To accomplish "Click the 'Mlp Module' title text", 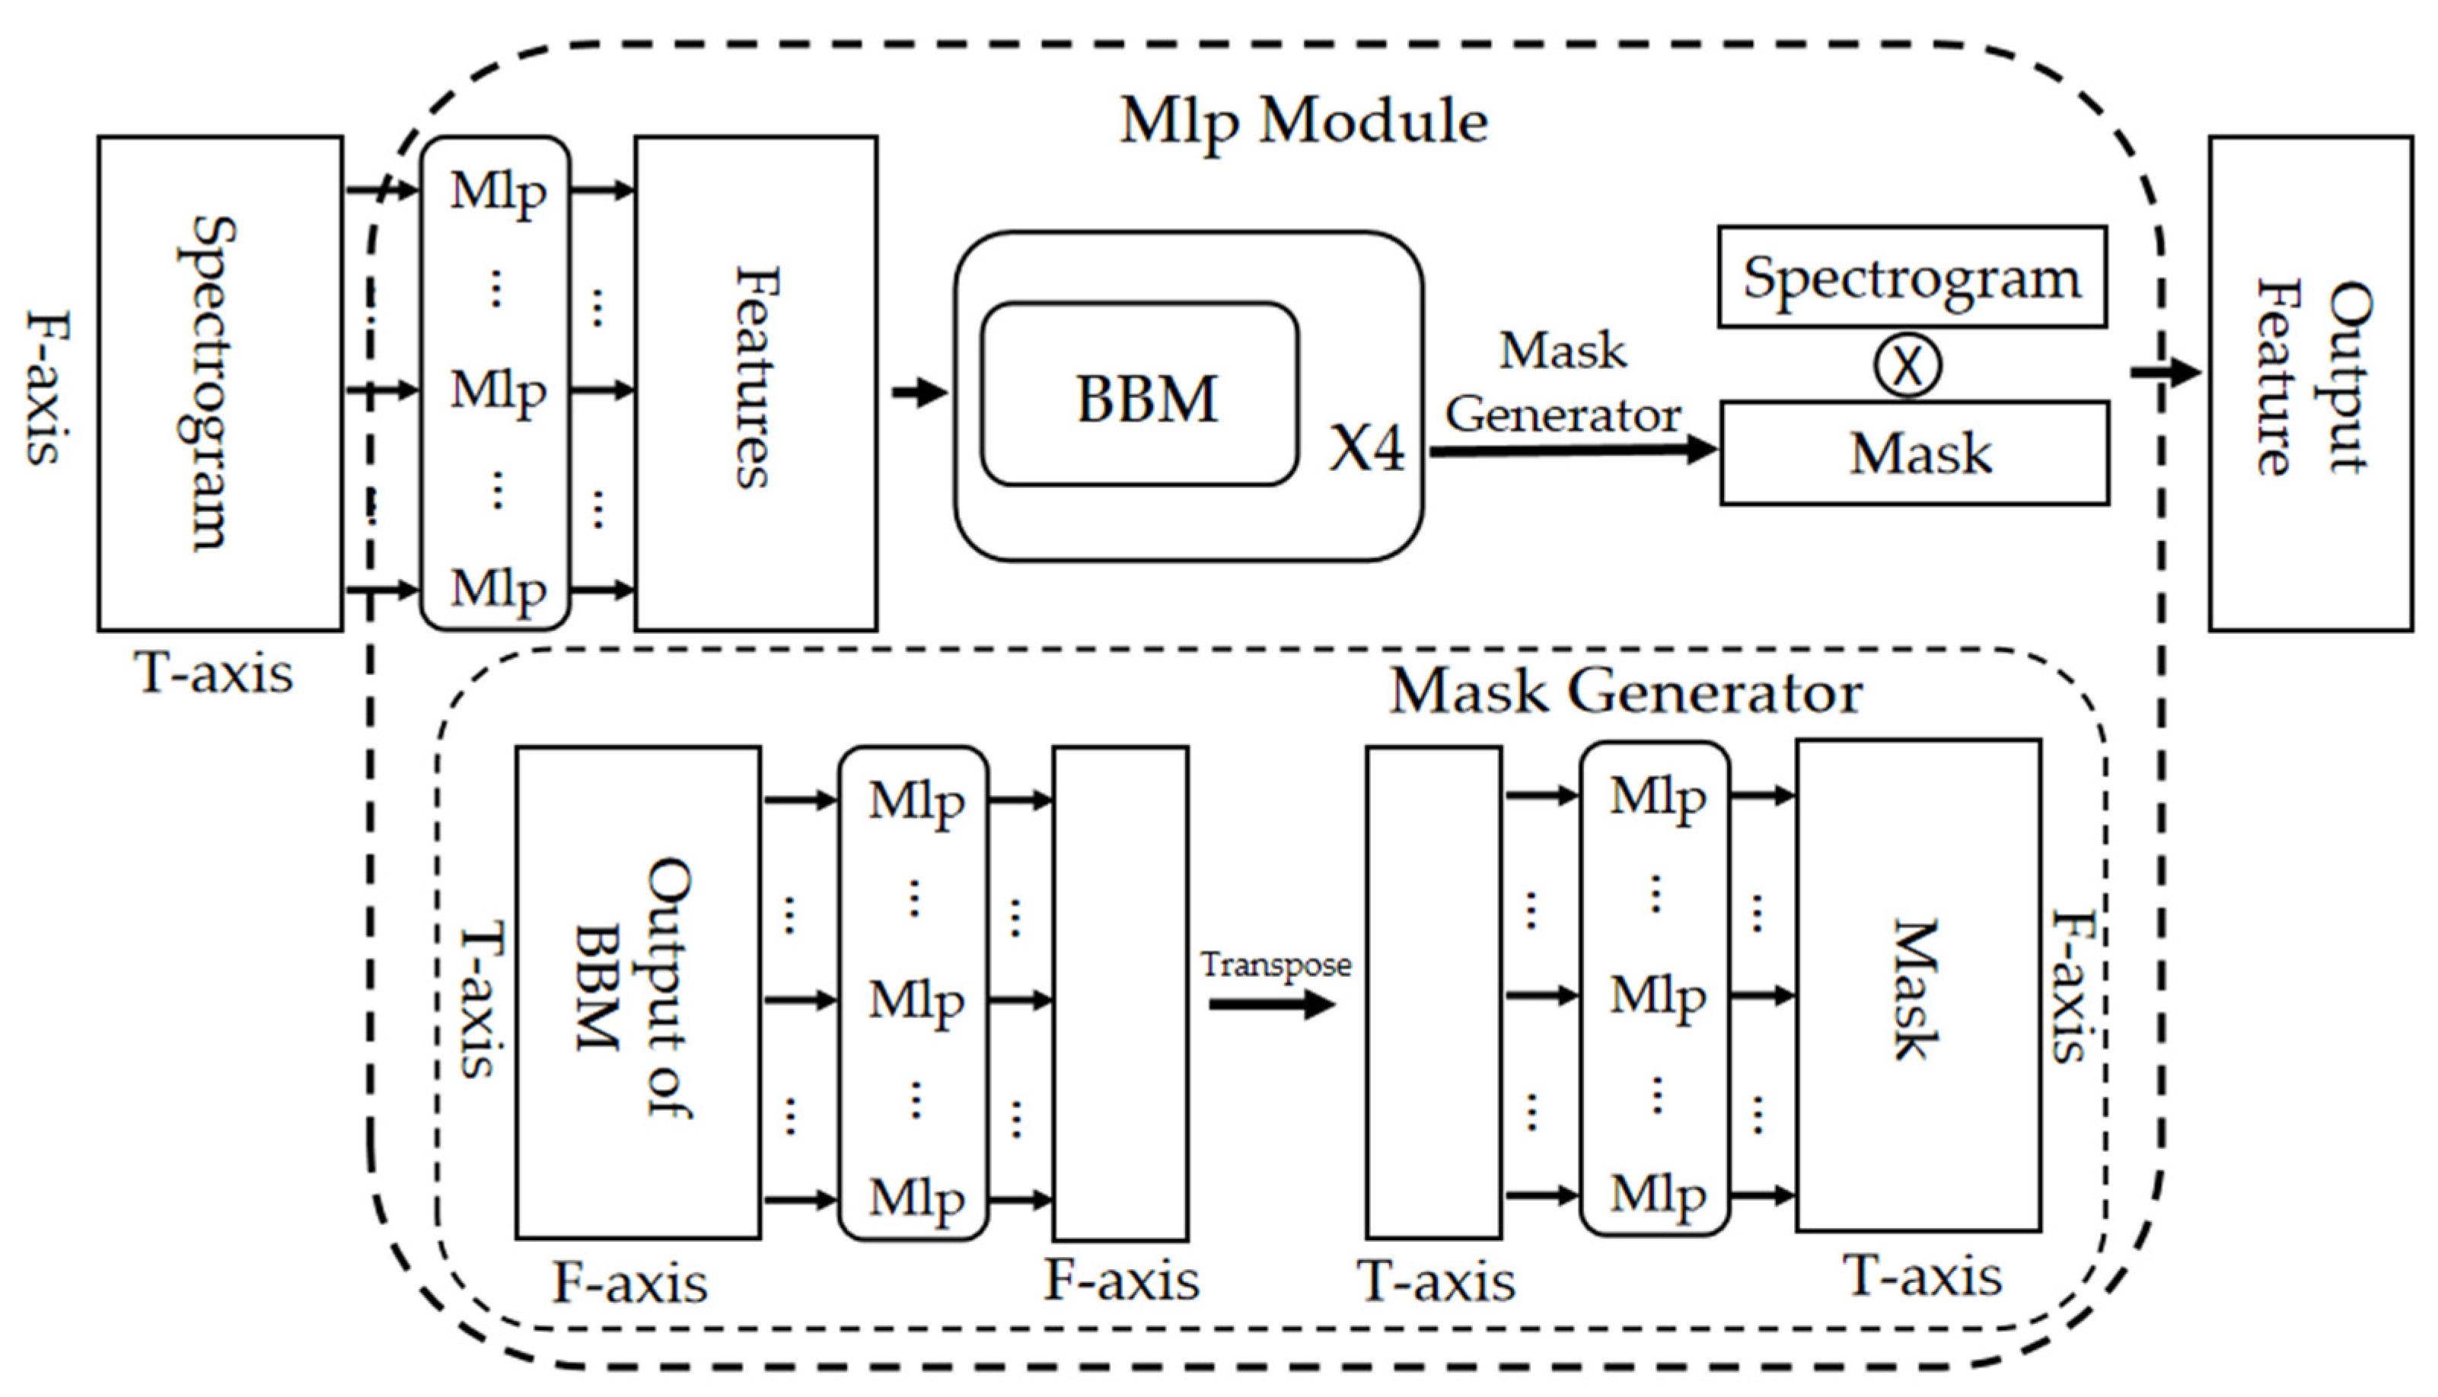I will (1303, 122).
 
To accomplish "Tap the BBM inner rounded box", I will (1139, 394).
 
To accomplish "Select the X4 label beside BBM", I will (1365, 447).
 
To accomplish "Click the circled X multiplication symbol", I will (1907, 364).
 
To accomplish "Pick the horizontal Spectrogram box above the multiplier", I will (1911, 277).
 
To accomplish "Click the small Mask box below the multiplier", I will (1914, 453).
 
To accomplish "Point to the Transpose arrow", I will (1271, 1004).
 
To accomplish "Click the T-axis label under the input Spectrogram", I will (213, 673).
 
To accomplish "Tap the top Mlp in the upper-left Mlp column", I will (497, 191).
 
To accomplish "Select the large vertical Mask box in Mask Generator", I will (1918, 985).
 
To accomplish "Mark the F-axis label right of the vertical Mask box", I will (2070, 985).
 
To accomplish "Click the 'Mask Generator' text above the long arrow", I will (1563, 383).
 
